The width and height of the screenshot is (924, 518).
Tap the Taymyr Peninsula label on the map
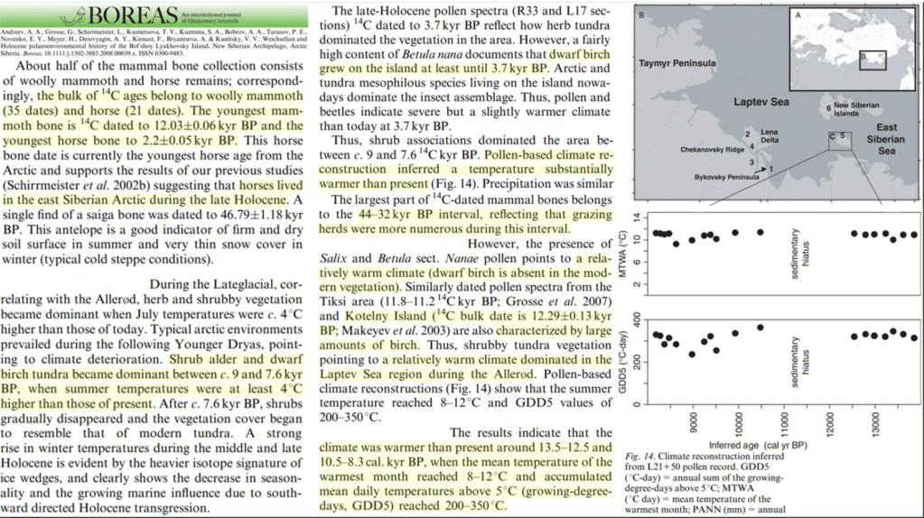pos(677,64)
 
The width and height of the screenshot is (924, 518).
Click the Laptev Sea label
pos(761,103)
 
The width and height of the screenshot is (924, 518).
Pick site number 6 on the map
pos(828,108)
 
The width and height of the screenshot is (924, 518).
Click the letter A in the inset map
pos(798,16)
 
